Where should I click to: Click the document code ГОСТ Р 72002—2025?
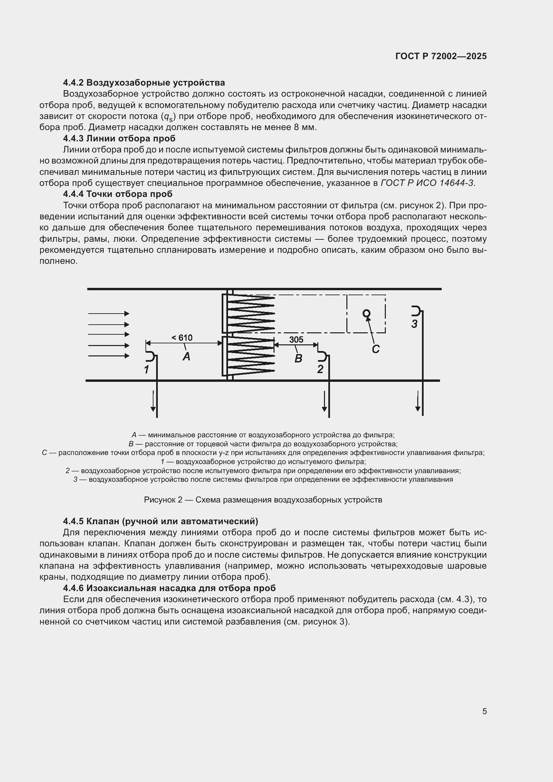[441, 56]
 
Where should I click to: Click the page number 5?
[484, 711]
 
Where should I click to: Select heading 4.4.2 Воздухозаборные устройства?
[144, 83]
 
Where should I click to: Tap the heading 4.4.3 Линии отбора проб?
[119, 138]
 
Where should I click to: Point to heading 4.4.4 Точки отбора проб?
[118, 194]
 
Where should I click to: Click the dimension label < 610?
[182, 338]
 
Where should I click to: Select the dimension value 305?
[296, 340]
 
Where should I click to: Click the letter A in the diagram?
[186, 357]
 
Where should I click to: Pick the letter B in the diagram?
[298, 358]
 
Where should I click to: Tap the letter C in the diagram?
[375, 349]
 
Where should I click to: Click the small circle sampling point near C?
[366, 313]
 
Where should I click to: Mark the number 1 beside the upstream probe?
[146, 369]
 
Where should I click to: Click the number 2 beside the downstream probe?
[320, 369]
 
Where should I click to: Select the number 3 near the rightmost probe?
[414, 324]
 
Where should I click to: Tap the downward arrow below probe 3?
[418, 402]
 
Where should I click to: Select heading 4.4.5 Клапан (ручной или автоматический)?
[160, 521]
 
